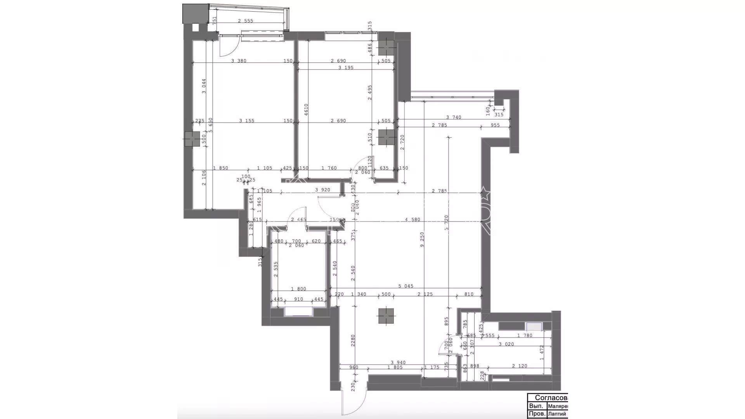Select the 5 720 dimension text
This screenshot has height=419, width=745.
click(447, 223)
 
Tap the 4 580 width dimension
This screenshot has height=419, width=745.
click(412, 220)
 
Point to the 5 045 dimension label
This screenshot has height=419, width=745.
click(405, 286)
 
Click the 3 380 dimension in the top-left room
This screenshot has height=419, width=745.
click(239, 61)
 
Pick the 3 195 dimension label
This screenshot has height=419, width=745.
click(346, 68)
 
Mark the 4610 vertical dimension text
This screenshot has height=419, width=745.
click(306, 110)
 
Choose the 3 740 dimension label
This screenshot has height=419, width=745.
click(454, 117)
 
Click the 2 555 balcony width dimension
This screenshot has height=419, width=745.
click(245, 21)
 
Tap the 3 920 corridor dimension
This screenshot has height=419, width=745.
click(322, 190)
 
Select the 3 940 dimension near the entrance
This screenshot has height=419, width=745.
click(398, 363)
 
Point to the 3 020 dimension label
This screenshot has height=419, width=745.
click(506, 344)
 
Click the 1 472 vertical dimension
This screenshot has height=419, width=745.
click(542, 353)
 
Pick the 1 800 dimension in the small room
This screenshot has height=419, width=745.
click(298, 289)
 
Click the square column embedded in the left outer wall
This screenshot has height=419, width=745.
click(192, 139)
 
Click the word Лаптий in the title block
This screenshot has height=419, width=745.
click(557, 414)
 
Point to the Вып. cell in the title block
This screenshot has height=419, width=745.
click(535, 406)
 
